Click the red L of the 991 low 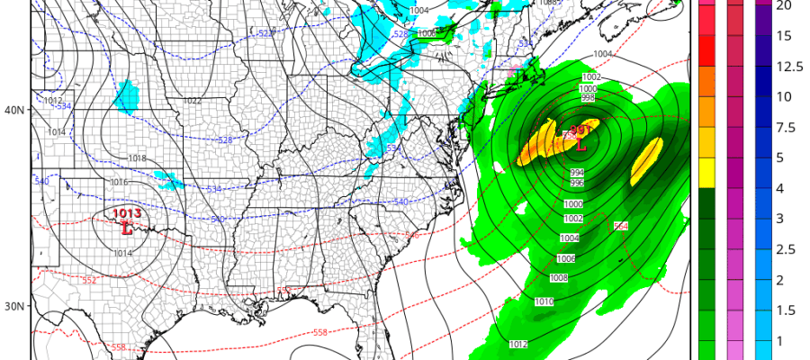[x=580, y=144]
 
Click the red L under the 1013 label [x=125, y=229]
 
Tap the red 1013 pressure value [x=126, y=213]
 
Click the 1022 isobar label [x=193, y=101]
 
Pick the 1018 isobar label [x=137, y=158]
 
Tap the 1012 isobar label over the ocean [x=518, y=344]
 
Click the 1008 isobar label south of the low [x=559, y=278]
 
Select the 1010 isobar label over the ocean [x=544, y=301]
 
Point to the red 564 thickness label [x=620, y=226]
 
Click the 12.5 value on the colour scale [x=784, y=67]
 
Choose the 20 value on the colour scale [x=784, y=5]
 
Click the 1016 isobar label [x=119, y=183]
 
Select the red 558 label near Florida [x=320, y=333]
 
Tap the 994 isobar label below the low [x=577, y=172]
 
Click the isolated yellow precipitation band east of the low [x=646, y=162]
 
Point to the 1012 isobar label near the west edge [x=54, y=101]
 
